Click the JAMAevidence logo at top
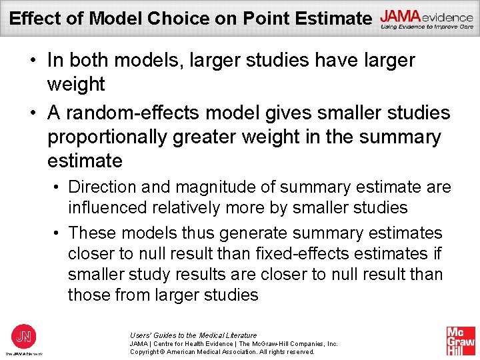[x=426, y=19]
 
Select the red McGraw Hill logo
[x=460, y=341]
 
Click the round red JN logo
[x=24, y=336]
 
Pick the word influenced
[x=108, y=207]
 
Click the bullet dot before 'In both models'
[x=32, y=61]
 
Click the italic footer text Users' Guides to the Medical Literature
[x=193, y=335]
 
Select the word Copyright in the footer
[x=146, y=351]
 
